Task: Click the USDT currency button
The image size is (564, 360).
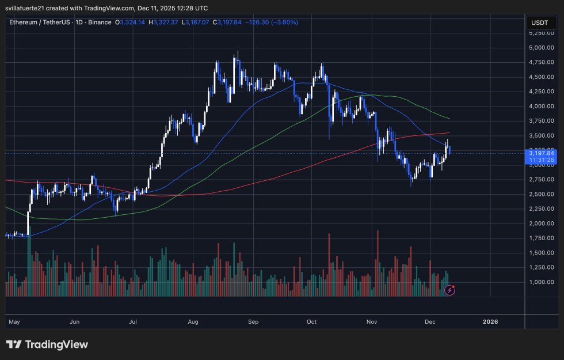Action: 540,23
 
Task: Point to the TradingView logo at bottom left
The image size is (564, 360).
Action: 47,344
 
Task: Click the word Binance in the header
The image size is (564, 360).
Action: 99,22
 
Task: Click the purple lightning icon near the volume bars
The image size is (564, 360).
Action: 450,290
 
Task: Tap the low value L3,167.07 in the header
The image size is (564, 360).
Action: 196,22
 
